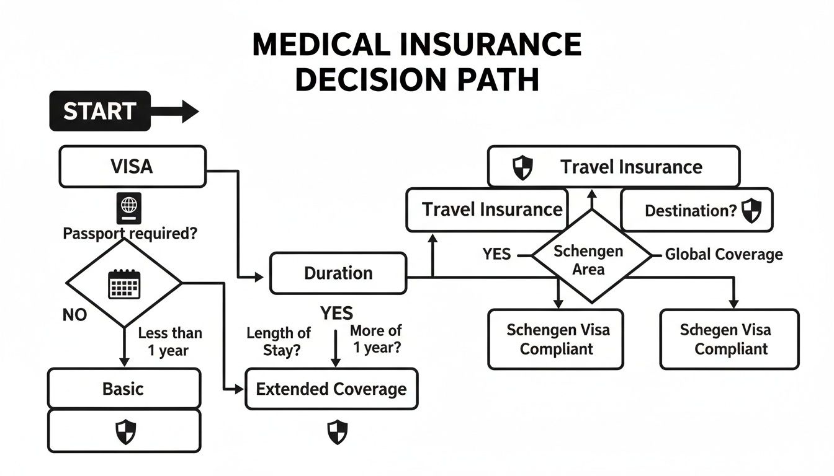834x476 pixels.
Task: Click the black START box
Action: (100, 111)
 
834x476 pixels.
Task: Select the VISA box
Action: (132, 166)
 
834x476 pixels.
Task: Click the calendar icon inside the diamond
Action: (124, 284)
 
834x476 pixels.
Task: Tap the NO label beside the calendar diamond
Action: (75, 315)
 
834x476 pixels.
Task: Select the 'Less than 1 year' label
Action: (169, 341)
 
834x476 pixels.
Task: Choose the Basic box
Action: (123, 389)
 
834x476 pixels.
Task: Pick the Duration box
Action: (338, 273)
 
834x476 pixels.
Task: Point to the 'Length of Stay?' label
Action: (278, 341)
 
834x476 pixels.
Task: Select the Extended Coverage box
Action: (331, 389)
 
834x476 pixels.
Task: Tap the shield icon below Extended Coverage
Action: (338, 432)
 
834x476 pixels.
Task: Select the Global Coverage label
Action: (724, 254)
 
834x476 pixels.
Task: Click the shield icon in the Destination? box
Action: (751, 210)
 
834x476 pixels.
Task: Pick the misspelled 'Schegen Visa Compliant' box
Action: (730, 339)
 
